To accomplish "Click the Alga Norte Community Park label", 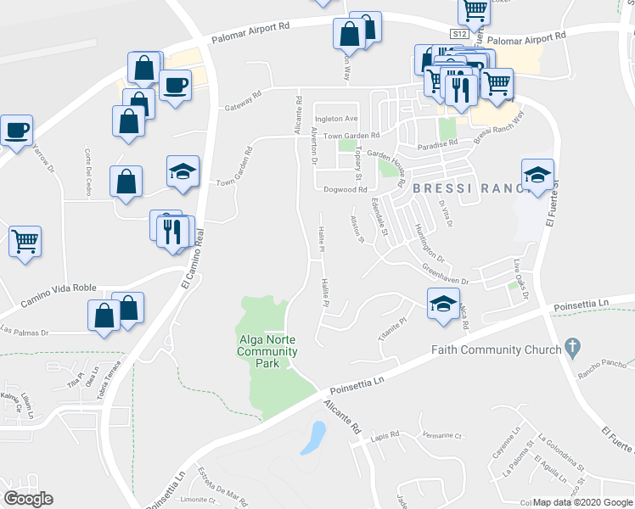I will (x=267, y=352).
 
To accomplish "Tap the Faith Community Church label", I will (x=496, y=349).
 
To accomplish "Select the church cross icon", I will (x=573, y=347).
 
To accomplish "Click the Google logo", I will (x=29, y=499).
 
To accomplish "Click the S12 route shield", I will (x=459, y=34).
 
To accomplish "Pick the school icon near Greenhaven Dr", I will (x=442, y=304).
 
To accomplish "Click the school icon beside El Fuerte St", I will (x=537, y=175).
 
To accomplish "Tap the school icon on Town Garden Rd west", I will (x=183, y=171).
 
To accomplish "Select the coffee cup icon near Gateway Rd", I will (x=175, y=85).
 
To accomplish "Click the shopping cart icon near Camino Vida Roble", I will (x=25, y=241).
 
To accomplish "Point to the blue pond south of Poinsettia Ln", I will (x=314, y=436).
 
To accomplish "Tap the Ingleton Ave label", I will (x=337, y=118).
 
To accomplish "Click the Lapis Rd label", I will (x=385, y=435).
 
